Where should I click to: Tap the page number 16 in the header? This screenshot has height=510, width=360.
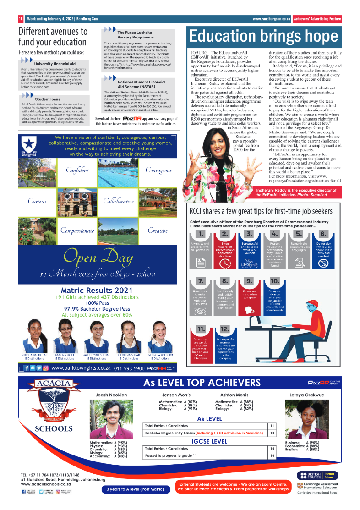click(21, 19)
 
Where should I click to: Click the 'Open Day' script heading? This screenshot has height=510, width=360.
click(98, 258)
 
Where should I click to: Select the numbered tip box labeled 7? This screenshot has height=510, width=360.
click(201, 282)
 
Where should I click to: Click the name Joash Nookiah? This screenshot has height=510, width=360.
click(111, 395)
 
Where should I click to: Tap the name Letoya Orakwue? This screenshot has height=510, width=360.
click(306, 395)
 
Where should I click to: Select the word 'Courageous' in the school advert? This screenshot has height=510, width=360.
click(158, 170)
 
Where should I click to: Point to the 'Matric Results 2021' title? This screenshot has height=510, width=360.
click(97, 290)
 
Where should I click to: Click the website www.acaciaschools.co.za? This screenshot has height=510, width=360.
click(46, 484)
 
